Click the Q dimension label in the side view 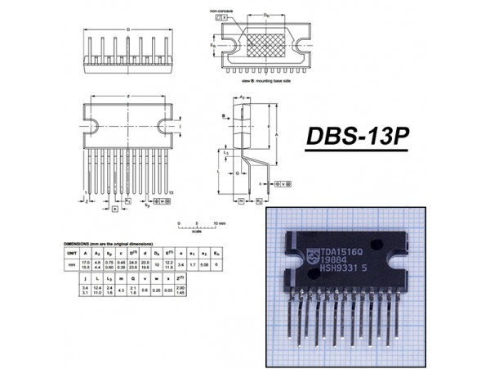point(237,173)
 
